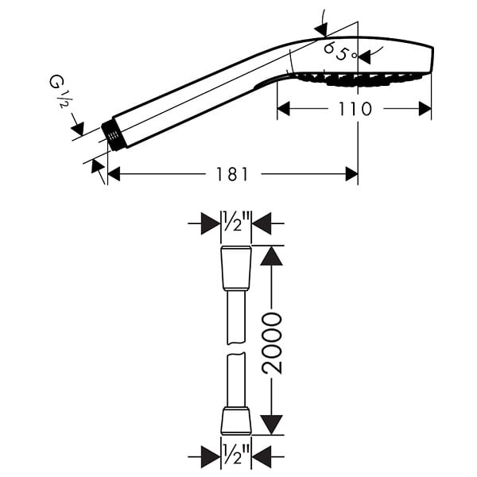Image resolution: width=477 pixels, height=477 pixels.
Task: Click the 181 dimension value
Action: point(232,174)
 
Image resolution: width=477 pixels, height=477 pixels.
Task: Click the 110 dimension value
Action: point(355,109)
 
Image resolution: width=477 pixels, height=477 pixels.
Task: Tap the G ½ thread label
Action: point(58,91)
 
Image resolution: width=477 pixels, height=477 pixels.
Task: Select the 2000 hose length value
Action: point(272,343)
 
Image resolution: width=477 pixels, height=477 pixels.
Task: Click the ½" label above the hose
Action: point(236,221)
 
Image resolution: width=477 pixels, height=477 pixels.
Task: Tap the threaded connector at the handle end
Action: point(114,136)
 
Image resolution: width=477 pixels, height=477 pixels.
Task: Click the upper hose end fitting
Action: point(236,268)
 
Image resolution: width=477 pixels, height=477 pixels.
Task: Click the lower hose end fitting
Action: point(236,421)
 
